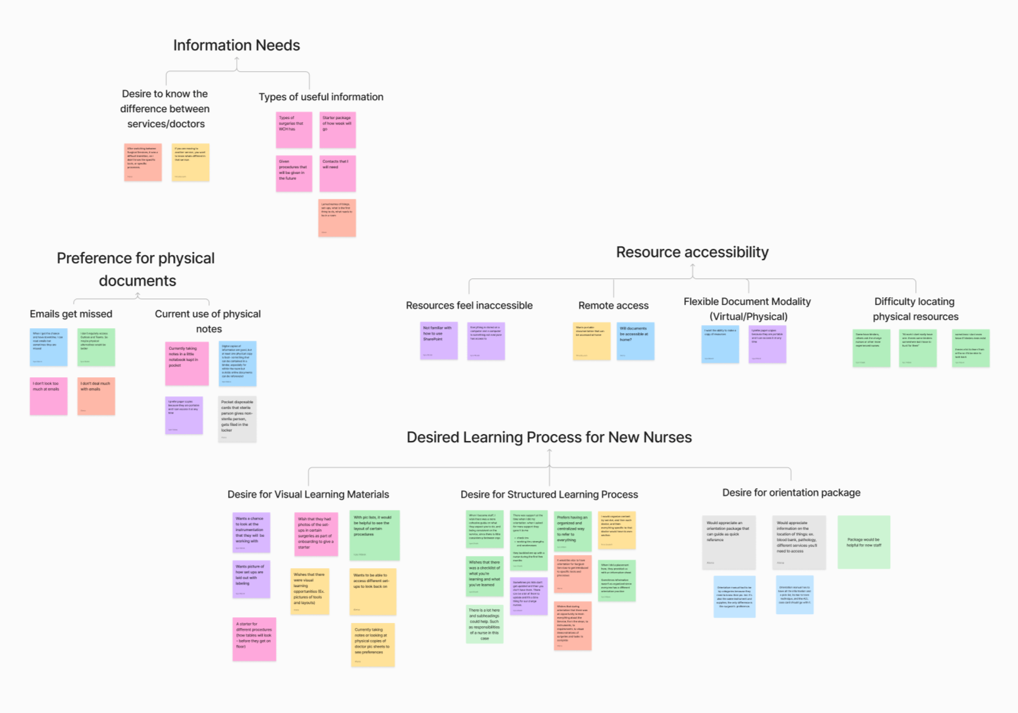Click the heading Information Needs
pyautogui.click(x=236, y=45)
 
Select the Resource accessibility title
pyautogui.click(x=692, y=252)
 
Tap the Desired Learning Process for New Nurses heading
pyautogui.click(x=549, y=437)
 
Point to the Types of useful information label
pyautogui.click(x=321, y=97)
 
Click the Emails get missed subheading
pyautogui.click(x=71, y=314)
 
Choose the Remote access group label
pyautogui.click(x=613, y=305)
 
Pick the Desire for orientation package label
pyautogui.click(x=791, y=493)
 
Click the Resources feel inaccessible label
pyautogui.click(x=469, y=305)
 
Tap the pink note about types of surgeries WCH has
pyautogui.click(x=294, y=130)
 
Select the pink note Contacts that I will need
pyautogui.click(x=337, y=173)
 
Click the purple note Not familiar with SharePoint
pyautogui.click(x=438, y=340)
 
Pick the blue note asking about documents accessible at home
pyautogui.click(x=635, y=341)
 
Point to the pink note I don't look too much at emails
pyautogui.click(x=49, y=396)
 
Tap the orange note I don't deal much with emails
pyautogui.click(x=96, y=396)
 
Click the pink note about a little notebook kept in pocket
pyautogui.click(x=186, y=363)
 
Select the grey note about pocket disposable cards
pyautogui.click(x=237, y=418)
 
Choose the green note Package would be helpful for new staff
pyautogui.click(x=863, y=542)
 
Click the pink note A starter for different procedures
pyautogui.click(x=254, y=639)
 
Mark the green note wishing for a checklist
pyautogui.click(x=484, y=576)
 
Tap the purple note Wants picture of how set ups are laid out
pyautogui.click(x=251, y=579)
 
